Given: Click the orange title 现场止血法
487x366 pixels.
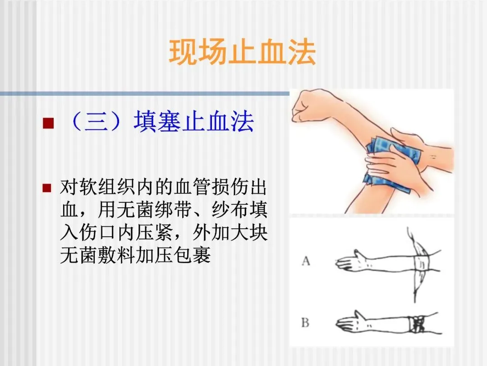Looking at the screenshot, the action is (x=243, y=52).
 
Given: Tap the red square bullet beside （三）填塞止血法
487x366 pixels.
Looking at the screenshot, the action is (x=48, y=123).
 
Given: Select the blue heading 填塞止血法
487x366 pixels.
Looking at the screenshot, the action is (x=194, y=122).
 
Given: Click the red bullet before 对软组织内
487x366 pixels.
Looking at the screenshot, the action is (x=47, y=188).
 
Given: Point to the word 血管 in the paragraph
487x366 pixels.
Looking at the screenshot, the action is (x=193, y=187).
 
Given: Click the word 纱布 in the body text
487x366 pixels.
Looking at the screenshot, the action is (x=230, y=210).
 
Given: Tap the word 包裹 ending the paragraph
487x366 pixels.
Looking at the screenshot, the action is (x=193, y=255).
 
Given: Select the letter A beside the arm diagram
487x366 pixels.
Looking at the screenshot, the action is (x=306, y=261).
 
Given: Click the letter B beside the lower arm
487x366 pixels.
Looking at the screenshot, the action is (x=305, y=323).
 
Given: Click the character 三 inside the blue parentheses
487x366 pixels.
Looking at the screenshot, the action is (x=96, y=122).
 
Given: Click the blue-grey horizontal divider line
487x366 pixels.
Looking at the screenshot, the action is (x=144, y=94).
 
